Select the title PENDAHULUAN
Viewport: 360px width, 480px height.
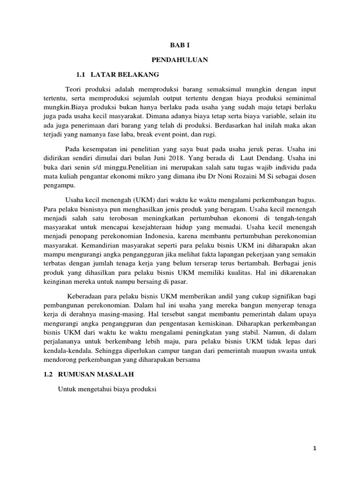click(x=180, y=60)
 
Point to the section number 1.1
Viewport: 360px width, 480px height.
click(x=82, y=74)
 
